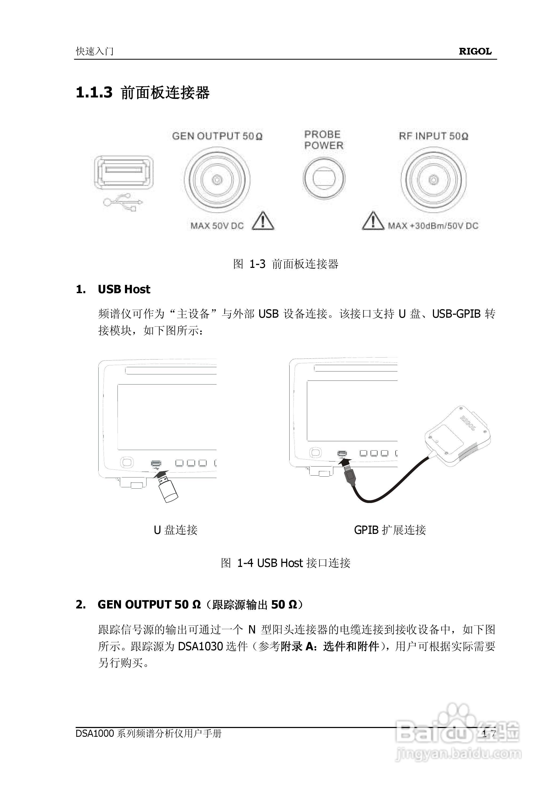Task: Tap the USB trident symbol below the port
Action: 123,202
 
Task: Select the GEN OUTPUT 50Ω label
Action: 217,136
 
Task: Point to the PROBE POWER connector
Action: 324,179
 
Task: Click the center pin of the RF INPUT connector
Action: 434,180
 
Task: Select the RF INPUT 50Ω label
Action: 433,136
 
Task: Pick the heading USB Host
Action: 124,289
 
